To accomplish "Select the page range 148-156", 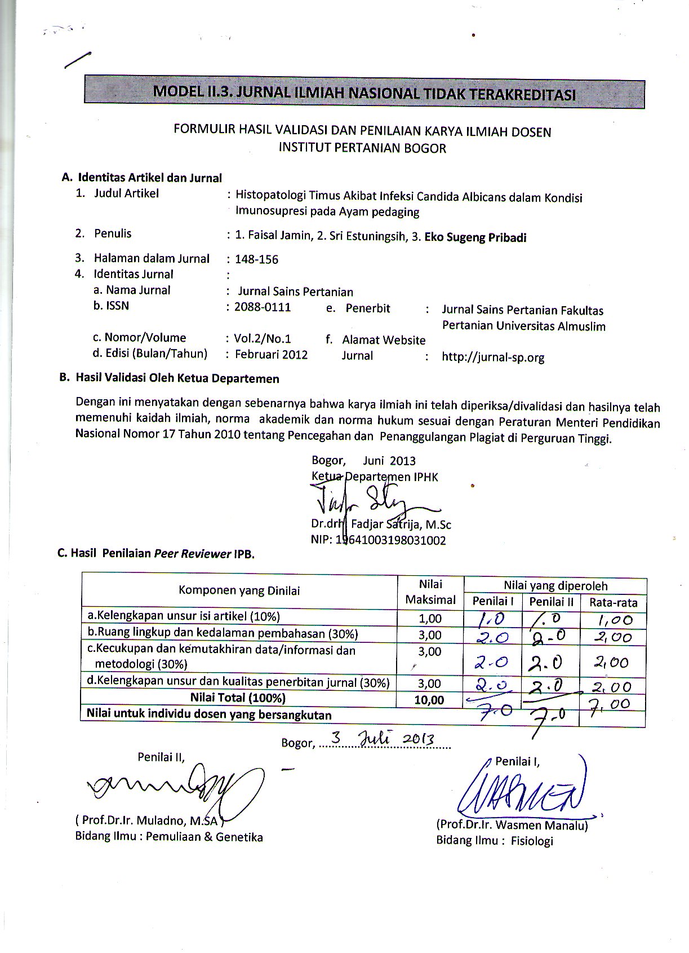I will [x=257, y=259].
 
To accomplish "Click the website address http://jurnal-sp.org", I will [x=493, y=357].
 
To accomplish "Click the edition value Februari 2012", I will [x=272, y=354].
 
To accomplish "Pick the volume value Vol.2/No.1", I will [x=263, y=338].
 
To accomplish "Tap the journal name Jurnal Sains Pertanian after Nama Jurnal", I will [x=295, y=292].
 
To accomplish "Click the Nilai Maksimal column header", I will [x=430, y=592].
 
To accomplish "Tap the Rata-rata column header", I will [x=613, y=602].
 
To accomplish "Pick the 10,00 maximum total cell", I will [x=430, y=700].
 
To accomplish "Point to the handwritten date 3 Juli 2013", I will [x=384, y=739].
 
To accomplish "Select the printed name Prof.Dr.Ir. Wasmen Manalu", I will [x=512, y=826].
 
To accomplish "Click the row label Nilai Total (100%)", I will [x=238, y=698].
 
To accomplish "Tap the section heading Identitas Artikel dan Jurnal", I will [x=149, y=178].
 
